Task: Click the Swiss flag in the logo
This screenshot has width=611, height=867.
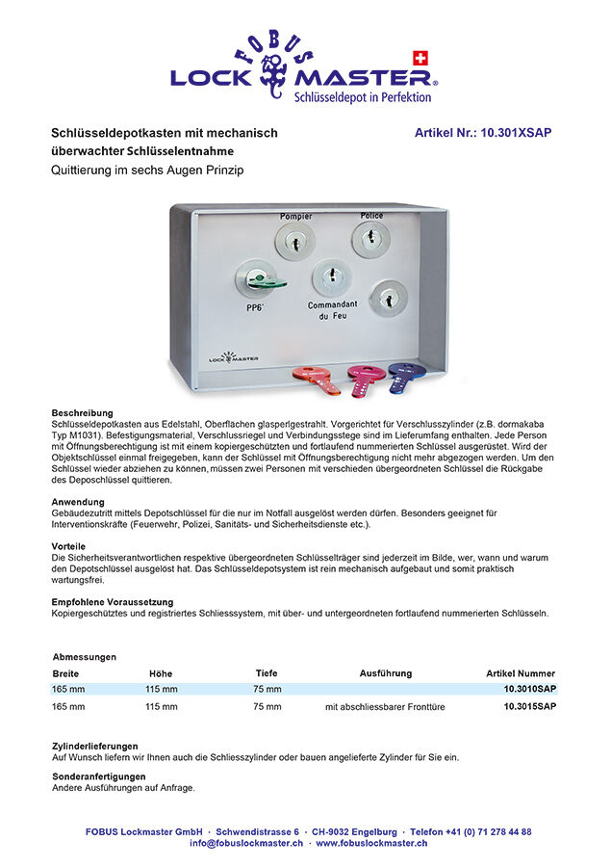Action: coord(419,57)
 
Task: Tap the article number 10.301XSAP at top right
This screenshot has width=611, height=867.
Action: coord(483,133)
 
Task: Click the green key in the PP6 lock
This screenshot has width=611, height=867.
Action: coord(263,280)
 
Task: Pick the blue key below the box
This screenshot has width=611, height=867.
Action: coord(405,375)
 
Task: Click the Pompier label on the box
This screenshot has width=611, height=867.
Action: coord(295,217)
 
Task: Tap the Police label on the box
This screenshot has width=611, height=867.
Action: coord(371,216)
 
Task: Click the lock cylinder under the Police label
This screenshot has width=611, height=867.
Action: coord(370,239)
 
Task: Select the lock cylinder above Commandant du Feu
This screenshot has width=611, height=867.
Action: coord(331,277)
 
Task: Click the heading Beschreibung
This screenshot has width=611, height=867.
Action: coord(83,413)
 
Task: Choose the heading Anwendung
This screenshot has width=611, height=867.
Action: coord(78,502)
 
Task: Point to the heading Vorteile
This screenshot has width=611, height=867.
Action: coord(70,546)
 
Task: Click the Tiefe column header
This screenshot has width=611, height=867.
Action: coord(267,673)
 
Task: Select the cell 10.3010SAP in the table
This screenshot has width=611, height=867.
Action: coord(529,690)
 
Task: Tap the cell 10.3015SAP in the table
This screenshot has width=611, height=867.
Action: coord(529,706)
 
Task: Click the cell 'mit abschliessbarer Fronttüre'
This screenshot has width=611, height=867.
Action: coord(385,707)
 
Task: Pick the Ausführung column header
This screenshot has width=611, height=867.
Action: coord(385,673)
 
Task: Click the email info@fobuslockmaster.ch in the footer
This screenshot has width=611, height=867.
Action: coord(246,843)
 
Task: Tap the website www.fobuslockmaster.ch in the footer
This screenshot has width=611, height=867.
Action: coord(371,843)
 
